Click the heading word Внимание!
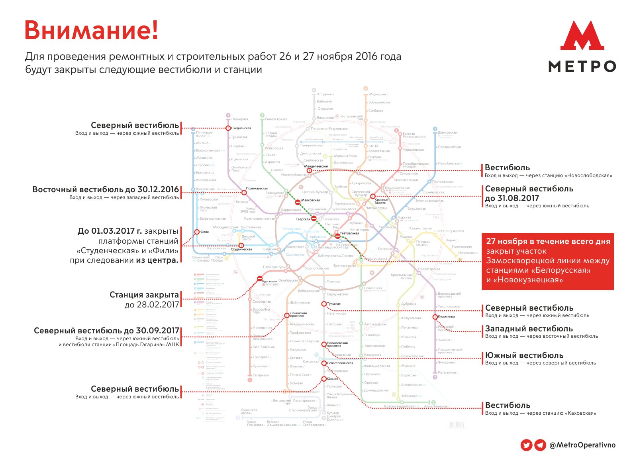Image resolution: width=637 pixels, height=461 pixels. [x=91, y=30]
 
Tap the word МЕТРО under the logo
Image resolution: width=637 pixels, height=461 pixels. [x=582, y=66]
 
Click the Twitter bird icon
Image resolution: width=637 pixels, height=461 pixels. [x=526, y=445]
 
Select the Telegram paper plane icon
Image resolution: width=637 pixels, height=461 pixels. [x=540, y=445]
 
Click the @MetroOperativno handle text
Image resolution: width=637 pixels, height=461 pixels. [x=582, y=445]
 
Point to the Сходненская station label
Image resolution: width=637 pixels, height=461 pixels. [x=241, y=128]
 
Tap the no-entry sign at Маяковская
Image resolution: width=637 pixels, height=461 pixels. [x=298, y=202]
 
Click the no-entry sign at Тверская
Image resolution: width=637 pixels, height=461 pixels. [x=314, y=219]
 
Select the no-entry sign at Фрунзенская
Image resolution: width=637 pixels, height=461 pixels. [x=260, y=278]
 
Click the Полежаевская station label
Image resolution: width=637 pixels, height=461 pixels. [x=257, y=188]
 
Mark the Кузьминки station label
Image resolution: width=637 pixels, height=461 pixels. [x=447, y=317]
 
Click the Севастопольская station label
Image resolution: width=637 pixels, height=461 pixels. [x=340, y=363]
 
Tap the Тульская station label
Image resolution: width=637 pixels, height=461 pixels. [x=334, y=303]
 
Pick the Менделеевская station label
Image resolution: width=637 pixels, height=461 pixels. [x=316, y=166]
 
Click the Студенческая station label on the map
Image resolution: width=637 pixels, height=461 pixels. [x=241, y=249]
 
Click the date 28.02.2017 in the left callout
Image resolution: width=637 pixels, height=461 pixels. [x=152, y=305]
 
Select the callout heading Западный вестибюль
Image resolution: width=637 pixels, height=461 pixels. [x=529, y=329]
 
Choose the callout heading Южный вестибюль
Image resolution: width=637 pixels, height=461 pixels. [x=524, y=355]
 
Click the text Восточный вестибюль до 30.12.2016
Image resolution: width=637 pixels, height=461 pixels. [x=106, y=189]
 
